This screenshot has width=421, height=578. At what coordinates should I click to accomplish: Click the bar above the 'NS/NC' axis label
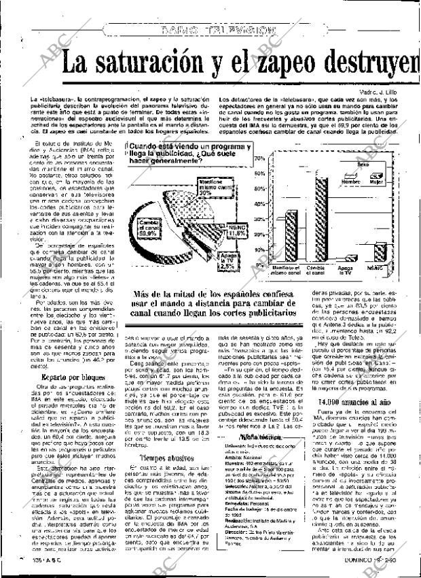tap(382, 253)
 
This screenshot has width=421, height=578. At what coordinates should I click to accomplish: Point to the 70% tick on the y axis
tap(259, 158)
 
